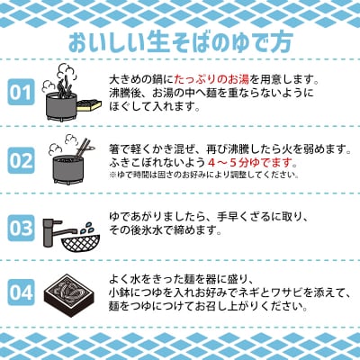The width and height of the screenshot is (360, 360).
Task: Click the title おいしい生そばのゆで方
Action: coord(179,43)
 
